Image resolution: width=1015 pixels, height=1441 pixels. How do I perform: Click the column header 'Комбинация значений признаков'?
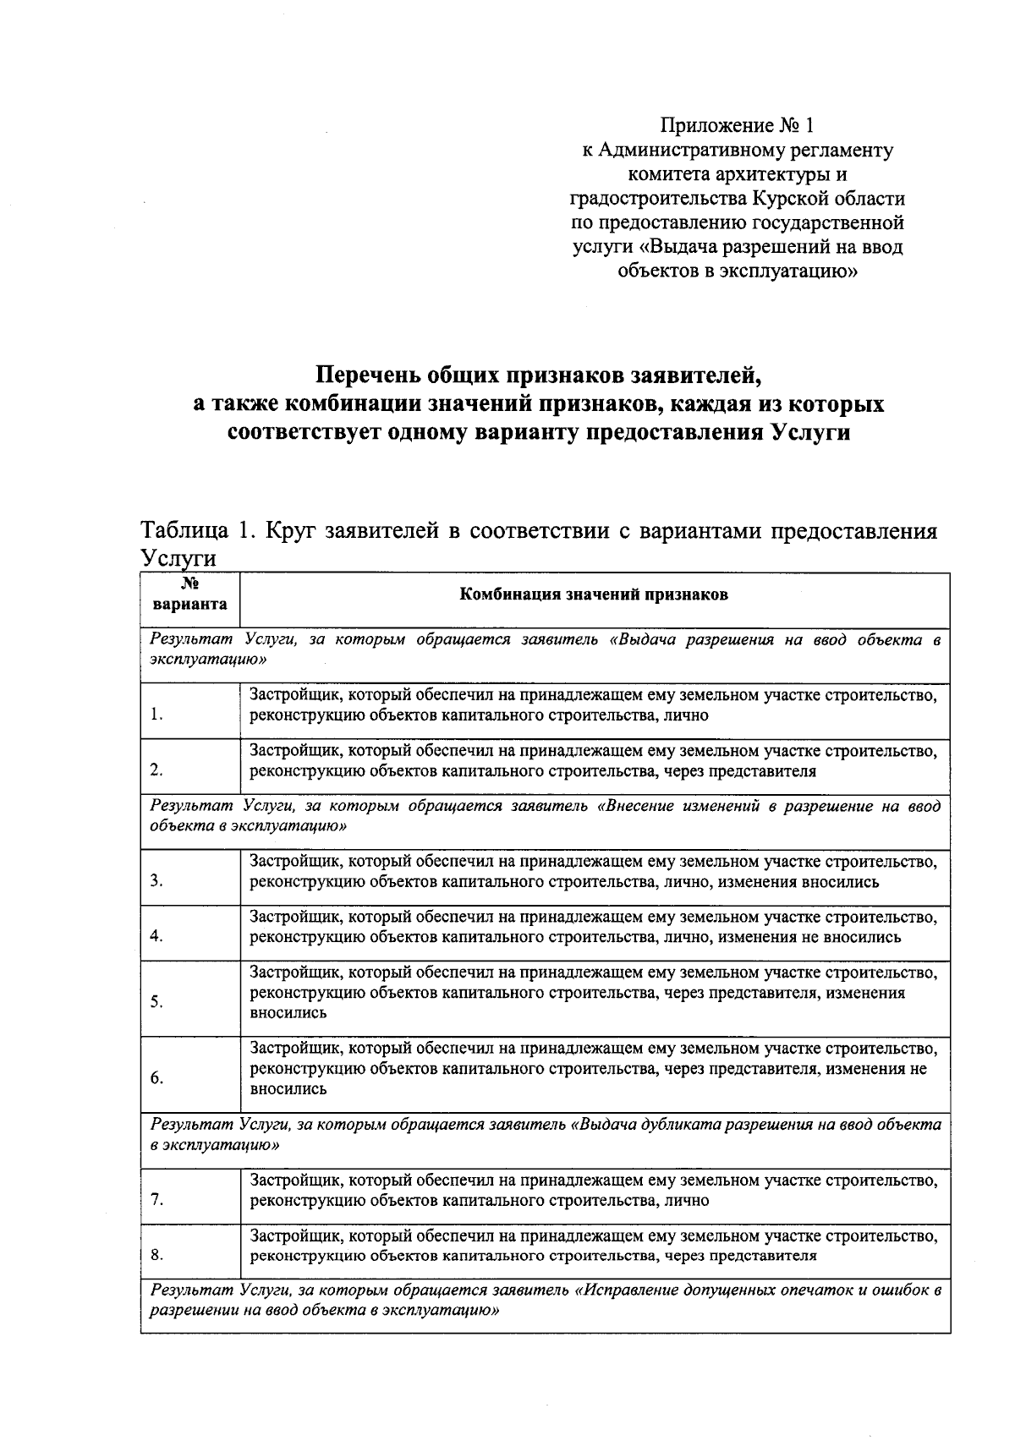click(x=593, y=594)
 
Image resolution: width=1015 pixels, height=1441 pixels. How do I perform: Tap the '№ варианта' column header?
click(x=189, y=594)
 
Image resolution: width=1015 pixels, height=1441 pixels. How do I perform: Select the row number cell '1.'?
click(x=157, y=715)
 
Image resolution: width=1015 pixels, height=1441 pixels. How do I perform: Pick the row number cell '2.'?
click(x=157, y=770)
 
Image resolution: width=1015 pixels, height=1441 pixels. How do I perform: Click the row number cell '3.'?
click(x=157, y=881)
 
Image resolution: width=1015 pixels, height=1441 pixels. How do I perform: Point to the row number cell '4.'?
click(x=157, y=936)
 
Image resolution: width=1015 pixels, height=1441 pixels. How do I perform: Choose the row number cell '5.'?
click(x=157, y=1002)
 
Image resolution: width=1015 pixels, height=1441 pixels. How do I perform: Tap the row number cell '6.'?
click(x=157, y=1078)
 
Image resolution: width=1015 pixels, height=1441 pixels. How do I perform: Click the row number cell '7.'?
click(x=157, y=1200)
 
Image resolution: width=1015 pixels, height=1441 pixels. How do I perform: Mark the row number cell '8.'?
click(x=157, y=1255)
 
